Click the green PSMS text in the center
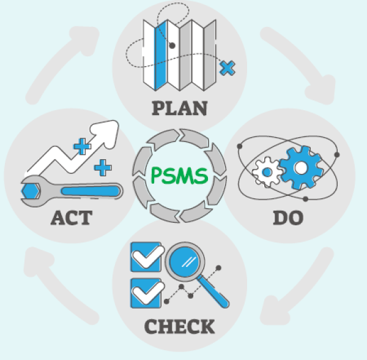pyautogui.click(x=179, y=176)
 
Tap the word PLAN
pyautogui.click(x=179, y=108)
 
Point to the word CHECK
pyautogui.click(x=179, y=326)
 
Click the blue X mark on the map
pyautogui.click(x=227, y=67)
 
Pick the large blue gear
pyautogui.click(x=299, y=167)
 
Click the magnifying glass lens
pyautogui.click(x=187, y=261)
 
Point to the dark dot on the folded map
pyautogui.click(x=172, y=45)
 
